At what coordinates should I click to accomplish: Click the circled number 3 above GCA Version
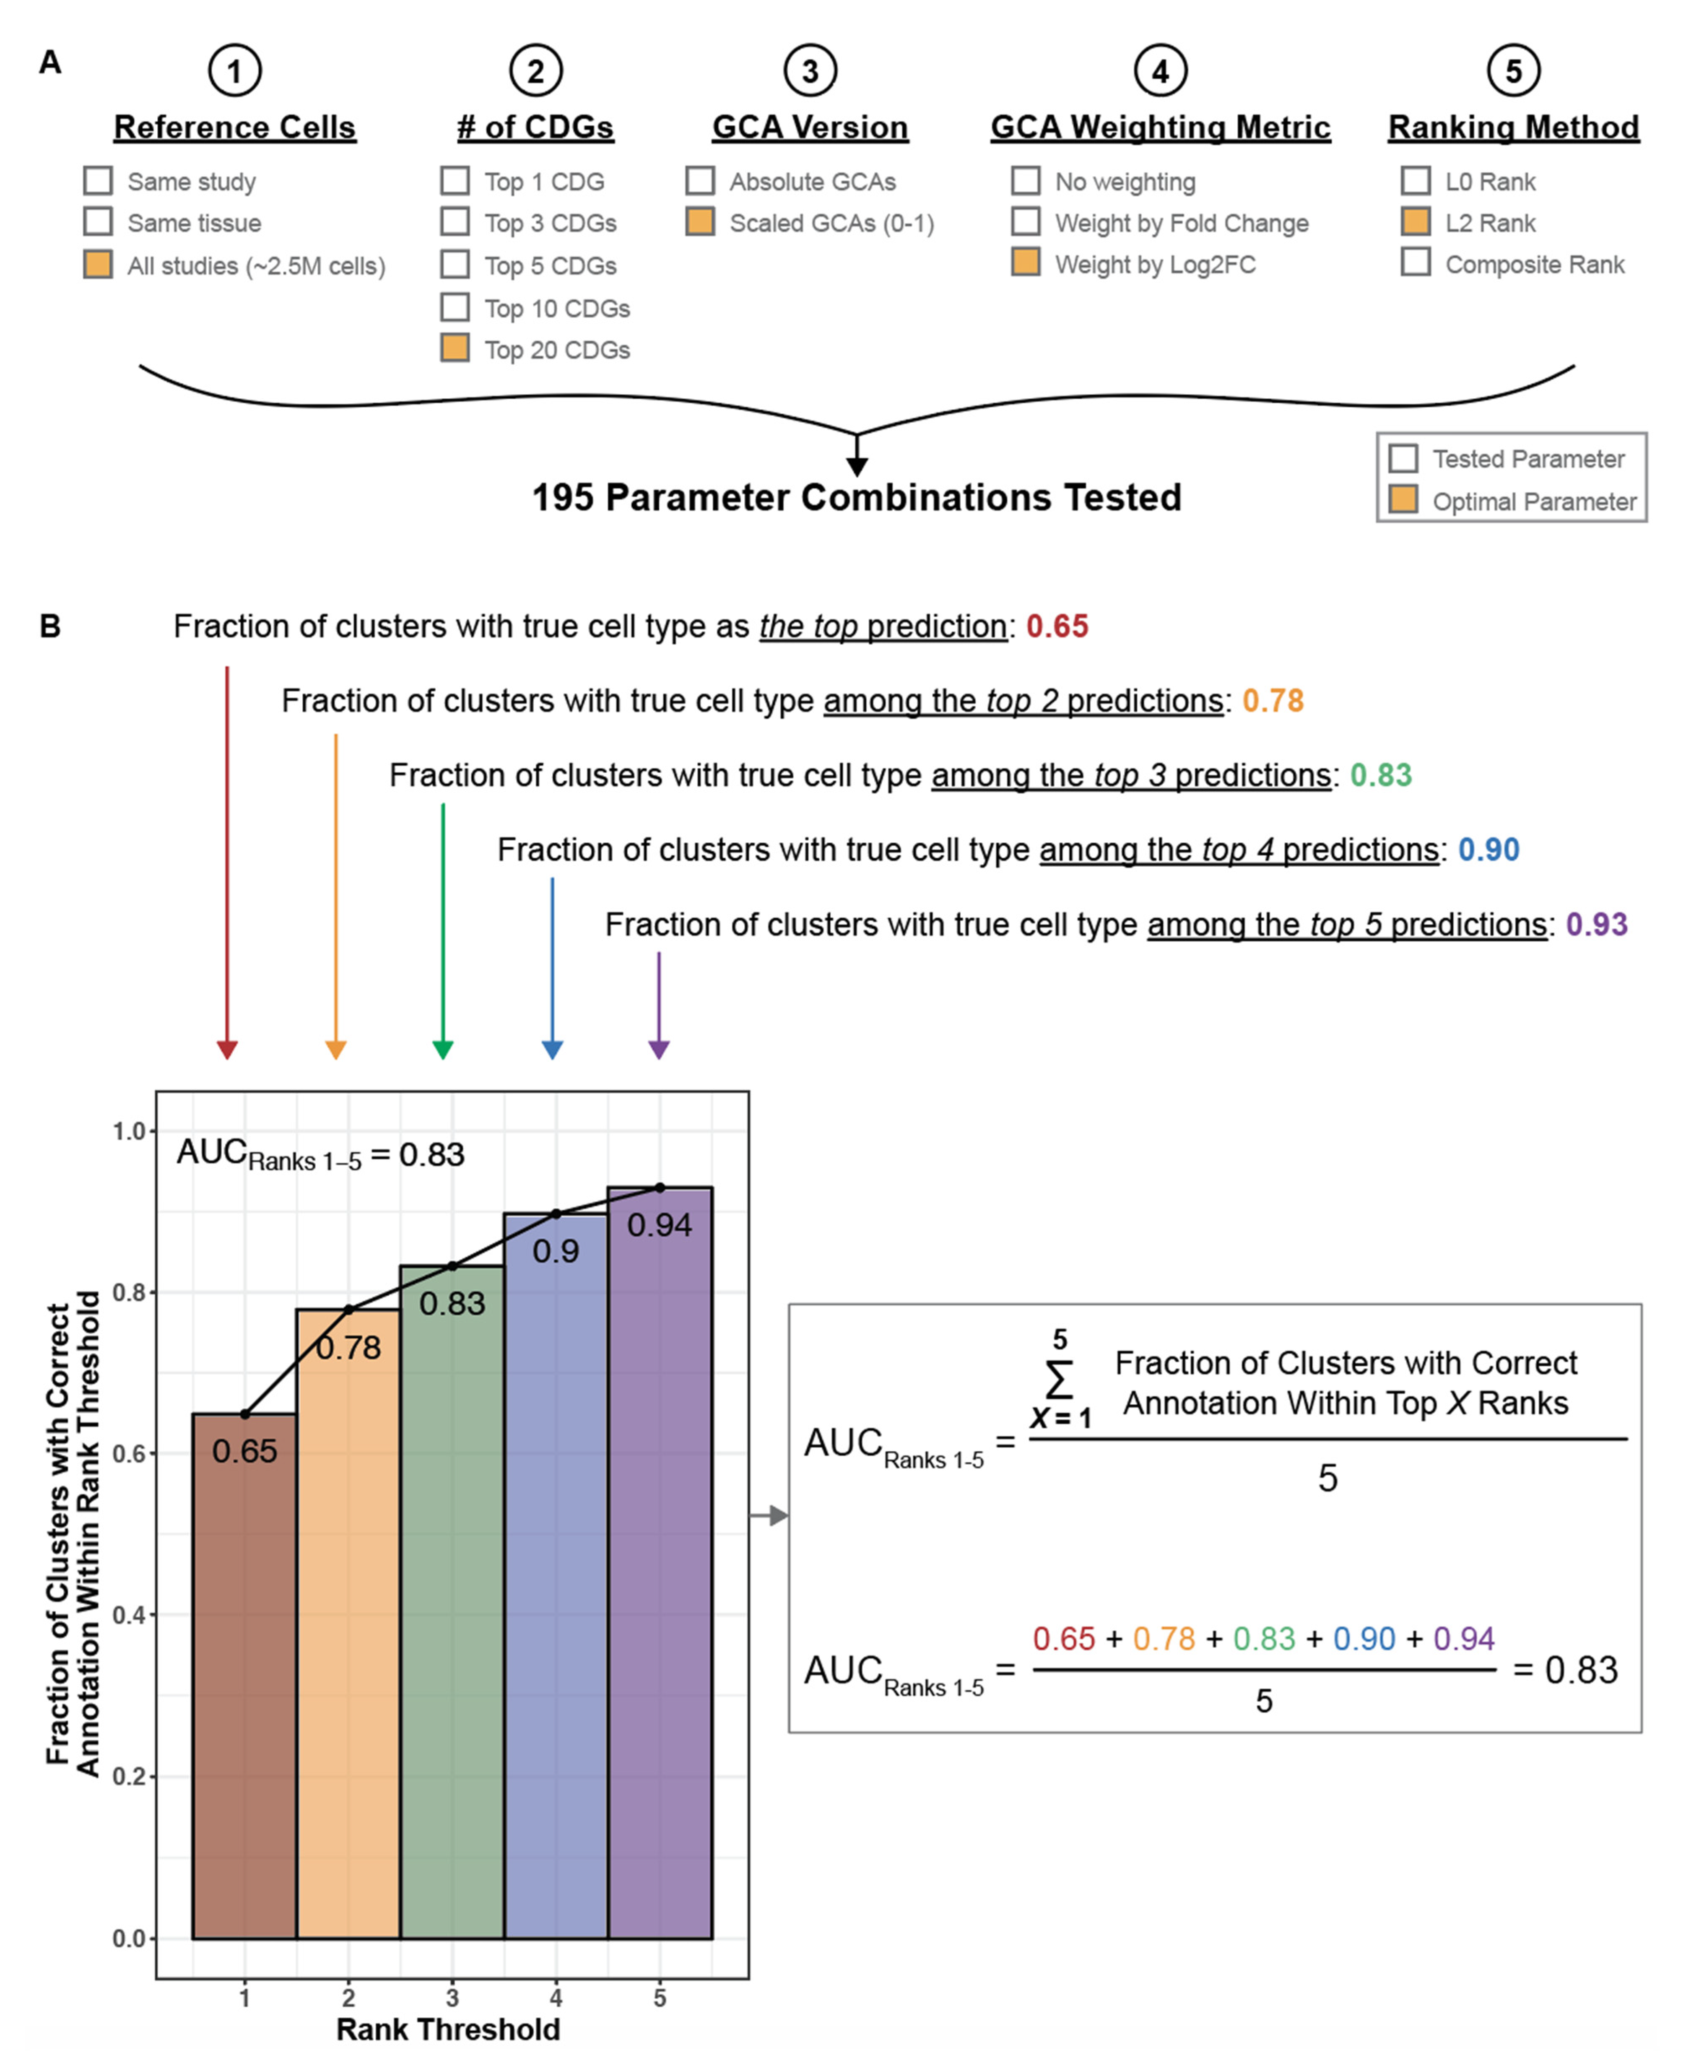tap(810, 71)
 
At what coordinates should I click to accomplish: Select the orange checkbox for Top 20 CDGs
tap(455, 348)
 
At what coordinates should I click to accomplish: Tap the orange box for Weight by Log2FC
tap(1026, 262)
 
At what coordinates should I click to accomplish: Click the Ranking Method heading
tap(1513, 127)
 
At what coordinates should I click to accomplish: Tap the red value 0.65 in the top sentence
tap(1057, 626)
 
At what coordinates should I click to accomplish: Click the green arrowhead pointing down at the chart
tap(443, 1049)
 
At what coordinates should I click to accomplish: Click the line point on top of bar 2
tap(349, 1309)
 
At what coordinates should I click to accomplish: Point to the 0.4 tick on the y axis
tap(129, 1615)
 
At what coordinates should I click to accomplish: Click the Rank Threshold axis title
tap(448, 2029)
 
